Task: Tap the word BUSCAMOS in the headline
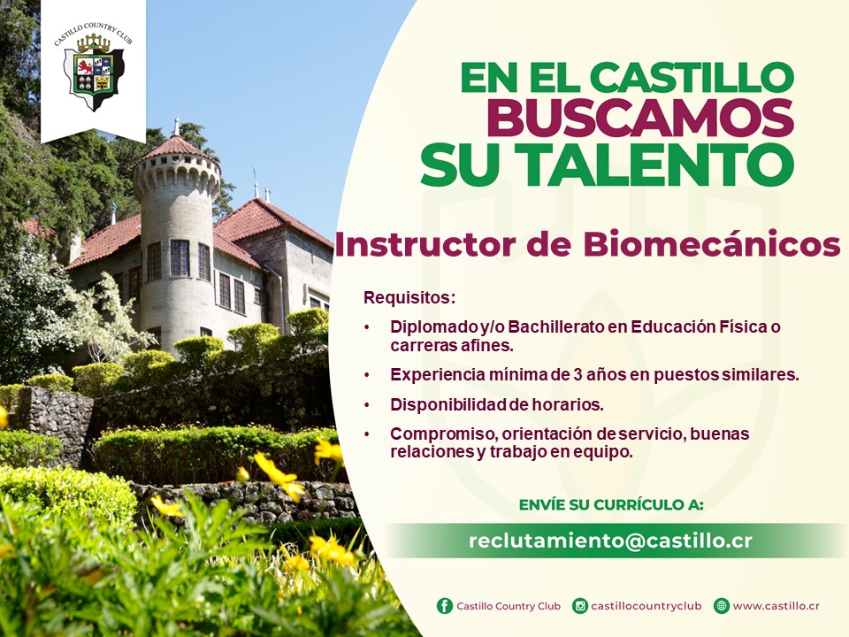(640, 118)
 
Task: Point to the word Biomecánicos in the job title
(711, 244)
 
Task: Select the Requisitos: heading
(409, 297)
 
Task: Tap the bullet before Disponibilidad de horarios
(368, 404)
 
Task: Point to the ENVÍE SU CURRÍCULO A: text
(611, 505)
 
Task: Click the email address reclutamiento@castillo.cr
(610, 540)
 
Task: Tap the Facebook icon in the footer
(445, 605)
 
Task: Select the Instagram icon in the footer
(580, 605)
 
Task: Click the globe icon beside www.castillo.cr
(722, 605)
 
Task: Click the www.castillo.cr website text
(776, 606)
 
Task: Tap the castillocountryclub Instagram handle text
(646, 606)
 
